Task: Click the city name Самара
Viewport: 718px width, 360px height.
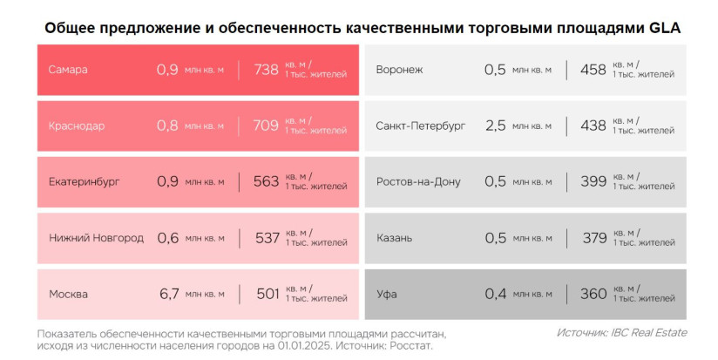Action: pos(68,70)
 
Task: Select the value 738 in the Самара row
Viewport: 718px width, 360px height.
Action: pos(266,70)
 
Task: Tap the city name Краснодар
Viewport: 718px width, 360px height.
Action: pos(77,126)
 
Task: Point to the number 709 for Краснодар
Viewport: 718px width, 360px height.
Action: pos(266,126)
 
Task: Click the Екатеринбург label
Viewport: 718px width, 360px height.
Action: pos(85,181)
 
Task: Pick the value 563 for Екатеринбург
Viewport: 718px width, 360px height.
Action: pos(266,181)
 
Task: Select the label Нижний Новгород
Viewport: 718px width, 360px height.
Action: pos(96,238)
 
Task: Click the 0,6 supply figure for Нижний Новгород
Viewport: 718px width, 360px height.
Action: pos(167,238)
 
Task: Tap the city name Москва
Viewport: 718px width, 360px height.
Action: pos(68,294)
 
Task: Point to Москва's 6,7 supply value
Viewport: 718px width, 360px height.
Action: pos(168,294)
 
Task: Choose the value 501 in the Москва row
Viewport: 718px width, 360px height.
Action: pos(268,294)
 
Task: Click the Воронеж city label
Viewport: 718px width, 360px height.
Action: pos(399,70)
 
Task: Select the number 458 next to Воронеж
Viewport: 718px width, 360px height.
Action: pos(593,70)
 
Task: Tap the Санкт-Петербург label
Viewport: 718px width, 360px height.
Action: pos(421,126)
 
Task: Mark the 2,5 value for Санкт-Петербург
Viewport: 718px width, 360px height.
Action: pos(495,126)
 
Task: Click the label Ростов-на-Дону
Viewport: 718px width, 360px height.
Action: pos(418,181)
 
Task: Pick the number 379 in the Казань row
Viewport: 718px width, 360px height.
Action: pos(593,238)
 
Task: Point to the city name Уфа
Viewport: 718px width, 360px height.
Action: pos(386,294)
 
